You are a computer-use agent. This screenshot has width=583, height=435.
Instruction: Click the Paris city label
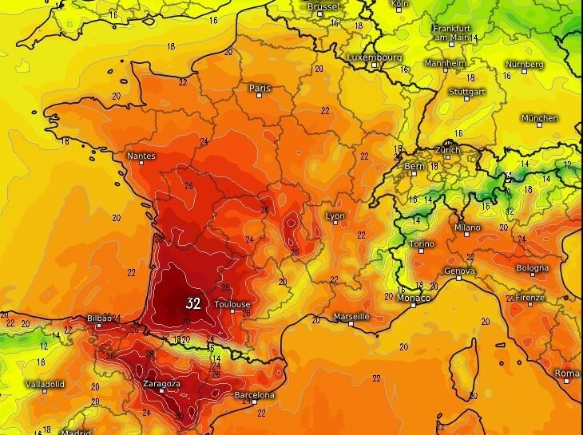click(260, 88)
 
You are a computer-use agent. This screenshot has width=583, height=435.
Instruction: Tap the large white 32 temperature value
click(193, 303)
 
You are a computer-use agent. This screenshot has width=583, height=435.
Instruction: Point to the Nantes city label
click(141, 156)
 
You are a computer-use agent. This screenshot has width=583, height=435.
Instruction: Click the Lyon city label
click(336, 216)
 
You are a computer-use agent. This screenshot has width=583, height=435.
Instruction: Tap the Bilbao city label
click(99, 318)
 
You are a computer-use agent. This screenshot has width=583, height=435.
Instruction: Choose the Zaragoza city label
click(162, 383)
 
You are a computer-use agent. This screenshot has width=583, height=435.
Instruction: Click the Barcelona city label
click(255, 395)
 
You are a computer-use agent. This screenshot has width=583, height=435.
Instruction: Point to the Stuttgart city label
click(469, 91)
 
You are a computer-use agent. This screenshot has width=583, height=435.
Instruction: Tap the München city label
click(539, 118)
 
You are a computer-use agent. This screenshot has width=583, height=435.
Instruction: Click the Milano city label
click(467, 227)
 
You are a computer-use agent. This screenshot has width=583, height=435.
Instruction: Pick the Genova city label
click(459, 271)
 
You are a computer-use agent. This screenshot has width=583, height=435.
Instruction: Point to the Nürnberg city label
click(525, 65)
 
